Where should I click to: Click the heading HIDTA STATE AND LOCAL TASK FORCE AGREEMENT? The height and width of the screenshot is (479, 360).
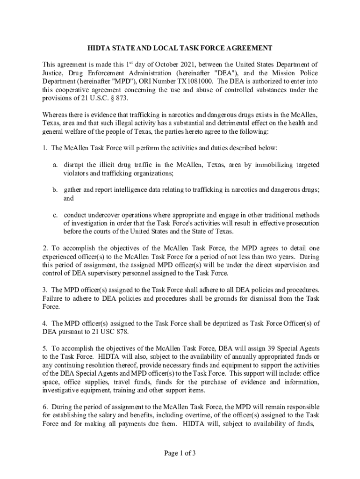tap(180, 48)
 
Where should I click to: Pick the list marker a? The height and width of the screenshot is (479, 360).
tap(55, 165)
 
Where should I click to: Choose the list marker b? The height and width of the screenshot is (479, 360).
tap(55, 190)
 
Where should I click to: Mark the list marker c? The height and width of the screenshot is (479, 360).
tap(55, 215)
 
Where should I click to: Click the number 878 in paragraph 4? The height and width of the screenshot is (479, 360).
tap(121, 332)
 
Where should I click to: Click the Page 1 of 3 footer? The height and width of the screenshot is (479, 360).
tap(180, 453)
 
